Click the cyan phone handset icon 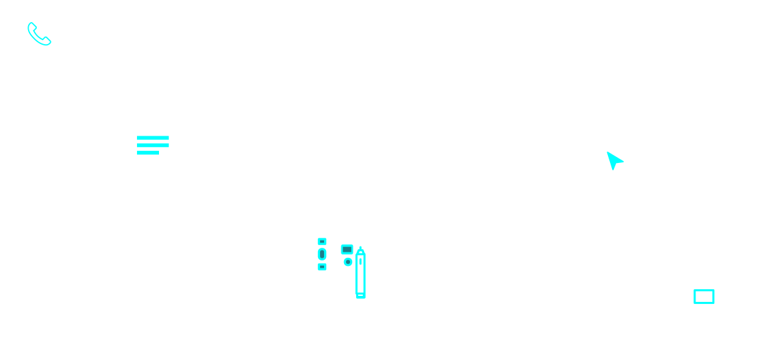40,34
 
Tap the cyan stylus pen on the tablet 361,273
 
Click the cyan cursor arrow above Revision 613,162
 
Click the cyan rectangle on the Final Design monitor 704,296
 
